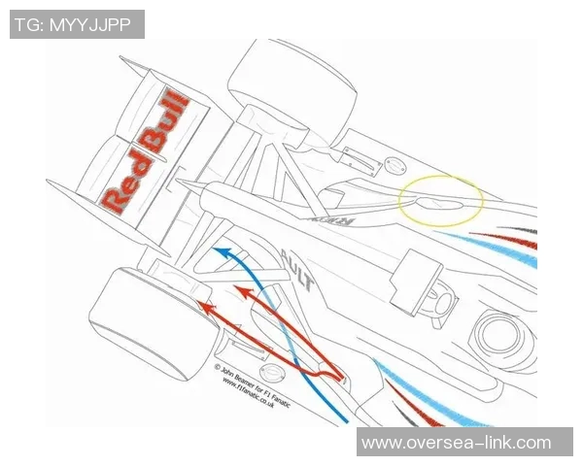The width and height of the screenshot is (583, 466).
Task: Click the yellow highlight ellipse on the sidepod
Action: click(x=442, y=200)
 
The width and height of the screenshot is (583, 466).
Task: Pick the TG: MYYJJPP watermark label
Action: click(x=77, y=24)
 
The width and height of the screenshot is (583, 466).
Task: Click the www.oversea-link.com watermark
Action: click(x=456, y=443)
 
